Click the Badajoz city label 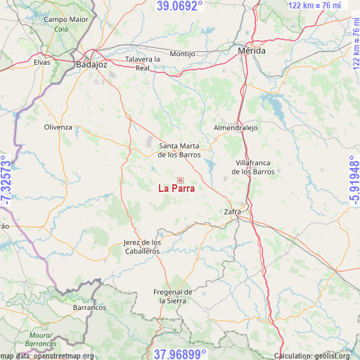91,64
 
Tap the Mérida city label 251,51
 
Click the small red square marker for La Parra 180,181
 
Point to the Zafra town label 233,211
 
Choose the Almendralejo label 236,128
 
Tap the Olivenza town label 58,127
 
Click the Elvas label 43,62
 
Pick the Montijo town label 183,53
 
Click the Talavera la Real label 143,64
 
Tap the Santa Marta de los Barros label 179,150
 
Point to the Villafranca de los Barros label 254,167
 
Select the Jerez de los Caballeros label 142,247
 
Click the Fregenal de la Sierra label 173,296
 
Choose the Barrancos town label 89,308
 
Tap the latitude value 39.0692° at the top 180,6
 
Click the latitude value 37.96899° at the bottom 180,354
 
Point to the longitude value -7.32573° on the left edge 6,180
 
